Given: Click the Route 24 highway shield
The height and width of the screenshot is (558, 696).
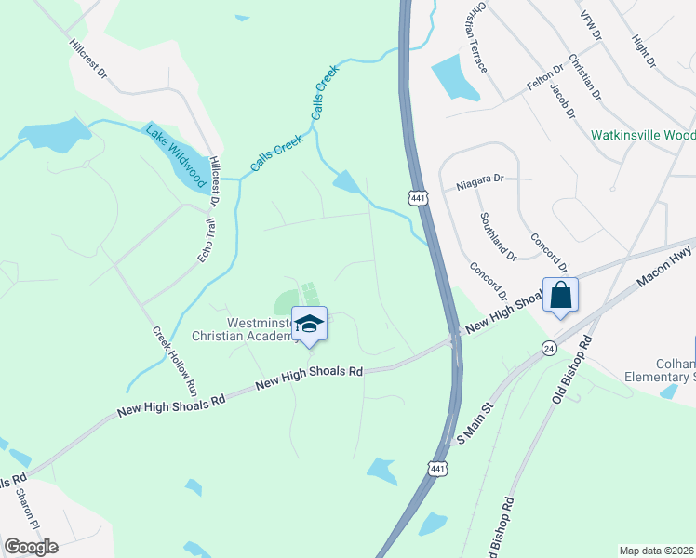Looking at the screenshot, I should (549, 347).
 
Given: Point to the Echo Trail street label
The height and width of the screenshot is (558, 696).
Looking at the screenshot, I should (206, 240).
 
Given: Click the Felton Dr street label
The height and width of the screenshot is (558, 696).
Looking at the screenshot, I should (545, 74).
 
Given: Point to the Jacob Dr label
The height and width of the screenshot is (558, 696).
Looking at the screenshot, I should (562, 100).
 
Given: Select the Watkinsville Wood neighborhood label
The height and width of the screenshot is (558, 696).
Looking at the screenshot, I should (643, 135).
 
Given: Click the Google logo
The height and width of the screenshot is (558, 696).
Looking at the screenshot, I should (31, 546).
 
